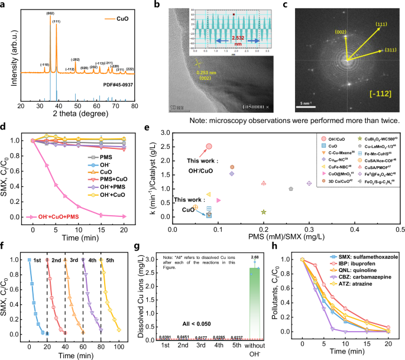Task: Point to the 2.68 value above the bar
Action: (x=254, y=257)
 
